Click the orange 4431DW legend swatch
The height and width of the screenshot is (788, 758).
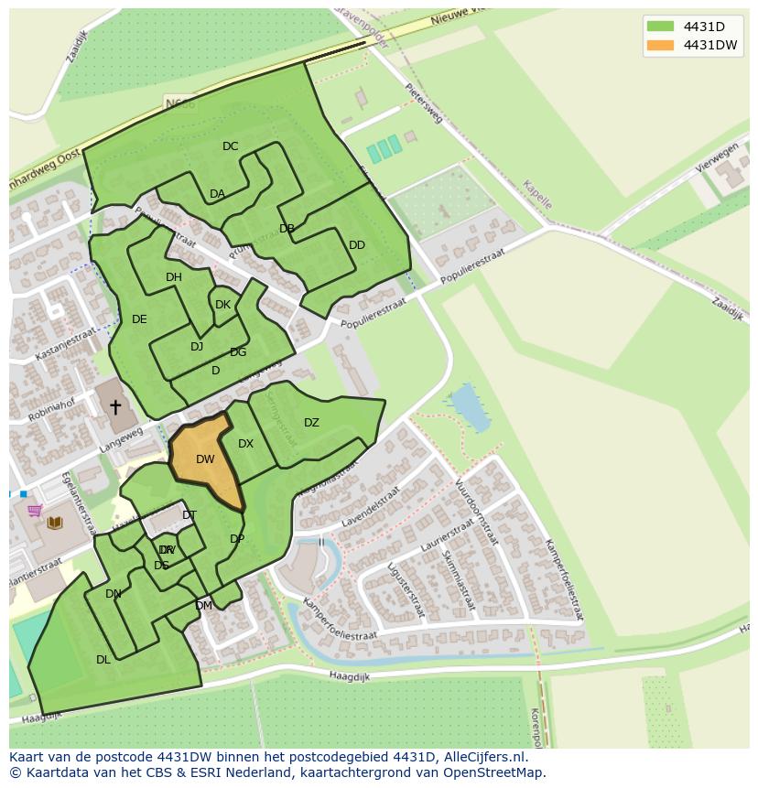[x=659, y=45]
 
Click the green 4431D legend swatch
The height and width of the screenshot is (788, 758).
[x=659, y=26]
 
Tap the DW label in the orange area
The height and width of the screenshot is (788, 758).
[x=205, y=459]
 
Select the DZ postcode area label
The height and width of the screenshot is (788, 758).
[x=311, y=423]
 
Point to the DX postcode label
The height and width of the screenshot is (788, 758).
[x=245, y=444]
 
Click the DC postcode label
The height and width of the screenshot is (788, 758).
[x=230, y=146]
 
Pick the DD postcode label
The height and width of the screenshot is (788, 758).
[x=357, y=245]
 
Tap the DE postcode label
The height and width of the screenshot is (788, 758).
[x=139, y=319]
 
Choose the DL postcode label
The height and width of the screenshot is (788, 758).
[x=103, y=659]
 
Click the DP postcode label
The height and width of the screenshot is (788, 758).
[x=237, y=539]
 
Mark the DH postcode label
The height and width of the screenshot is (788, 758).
[x=173, y=277]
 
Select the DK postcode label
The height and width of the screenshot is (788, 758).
[x=222, y=305]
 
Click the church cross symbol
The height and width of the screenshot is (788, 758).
[x=115, y=406]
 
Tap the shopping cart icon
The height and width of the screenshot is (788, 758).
[x=35, y=510]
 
